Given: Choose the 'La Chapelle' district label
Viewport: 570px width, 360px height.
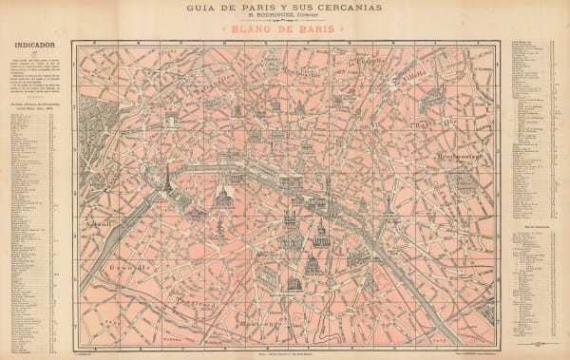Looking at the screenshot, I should (365, 65).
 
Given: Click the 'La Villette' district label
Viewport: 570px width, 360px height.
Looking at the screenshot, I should (414, 70).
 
